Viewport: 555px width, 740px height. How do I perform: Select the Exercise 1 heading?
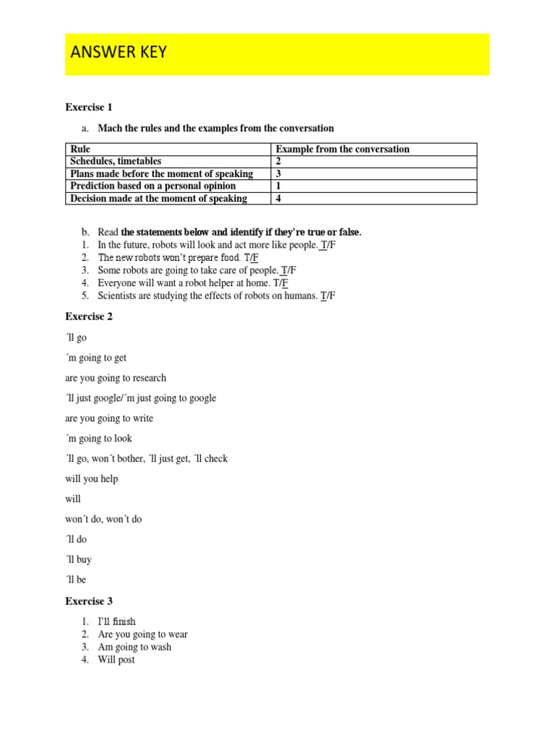tap(89, 108)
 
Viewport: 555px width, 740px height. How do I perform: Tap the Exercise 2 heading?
tap(89, 317)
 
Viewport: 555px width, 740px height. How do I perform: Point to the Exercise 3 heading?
tap(89, 601)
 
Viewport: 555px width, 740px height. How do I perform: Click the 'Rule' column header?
tap(79, 150)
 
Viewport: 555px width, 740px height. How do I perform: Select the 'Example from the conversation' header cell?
tap(343, 150)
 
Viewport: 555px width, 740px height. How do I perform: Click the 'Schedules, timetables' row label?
tap(116, 162)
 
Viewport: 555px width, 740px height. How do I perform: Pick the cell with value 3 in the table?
tap(279, 174)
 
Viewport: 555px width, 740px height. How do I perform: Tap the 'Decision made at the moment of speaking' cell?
tap(158, 199)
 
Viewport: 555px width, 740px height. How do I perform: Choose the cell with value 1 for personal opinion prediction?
tap(279, 186)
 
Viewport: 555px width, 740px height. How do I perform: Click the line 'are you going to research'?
tap(116, 378)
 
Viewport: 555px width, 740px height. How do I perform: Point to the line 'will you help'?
tap(92, 479)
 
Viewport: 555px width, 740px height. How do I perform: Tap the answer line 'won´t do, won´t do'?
tap(103, 520)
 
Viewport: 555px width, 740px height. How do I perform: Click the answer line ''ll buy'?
tap(79, 560)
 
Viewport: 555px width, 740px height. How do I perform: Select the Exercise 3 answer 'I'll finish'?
tap(117, 621)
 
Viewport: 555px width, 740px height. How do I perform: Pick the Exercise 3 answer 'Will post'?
tap(116, 660)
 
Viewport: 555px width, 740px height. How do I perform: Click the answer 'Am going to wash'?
tap(134, 647)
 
